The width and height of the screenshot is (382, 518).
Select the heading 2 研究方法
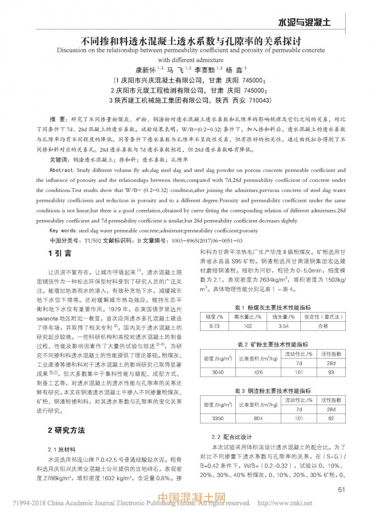coord(66,430)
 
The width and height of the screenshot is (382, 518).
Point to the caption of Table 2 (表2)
coord(272,344)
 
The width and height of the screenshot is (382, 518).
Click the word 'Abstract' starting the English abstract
coord(61,170)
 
